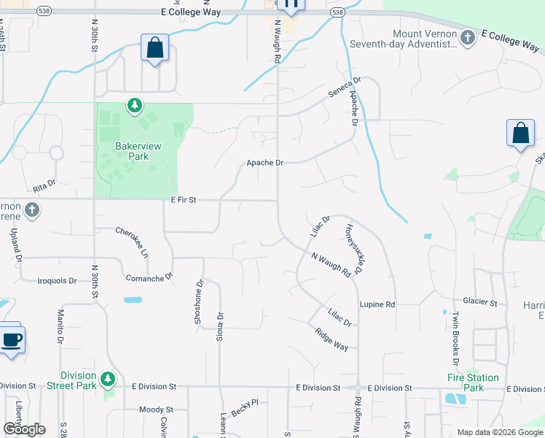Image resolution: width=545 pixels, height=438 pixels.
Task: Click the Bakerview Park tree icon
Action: coord(134,107)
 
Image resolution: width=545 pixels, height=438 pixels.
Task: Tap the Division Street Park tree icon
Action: coord(108,378)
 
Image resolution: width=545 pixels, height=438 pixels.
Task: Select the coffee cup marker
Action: coord(11,339)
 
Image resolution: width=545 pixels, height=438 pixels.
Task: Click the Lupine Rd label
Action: coord(377,304)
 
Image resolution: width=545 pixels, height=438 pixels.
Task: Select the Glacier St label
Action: coord(479,301)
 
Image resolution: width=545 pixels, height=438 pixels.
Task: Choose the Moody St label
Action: coord(155,410)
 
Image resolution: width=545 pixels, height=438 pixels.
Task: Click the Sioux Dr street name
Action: coord(219,323)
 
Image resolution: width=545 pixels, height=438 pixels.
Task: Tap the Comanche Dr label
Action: coord(149,277)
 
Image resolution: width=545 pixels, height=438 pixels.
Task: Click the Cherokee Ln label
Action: coord(133,242)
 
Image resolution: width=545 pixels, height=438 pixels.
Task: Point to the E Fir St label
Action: coord(184,199)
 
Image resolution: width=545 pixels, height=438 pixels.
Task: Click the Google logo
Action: coord(23,429)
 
